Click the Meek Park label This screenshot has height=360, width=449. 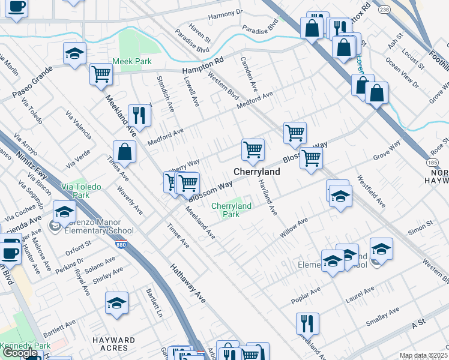coord(132,61)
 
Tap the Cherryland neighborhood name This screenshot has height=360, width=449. coord(256,172)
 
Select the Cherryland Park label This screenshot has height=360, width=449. coord(231,210)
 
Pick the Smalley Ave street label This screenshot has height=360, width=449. coord(382,317)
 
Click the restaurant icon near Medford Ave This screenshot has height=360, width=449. coord(139,116)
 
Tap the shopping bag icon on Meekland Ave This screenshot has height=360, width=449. coord(124,152)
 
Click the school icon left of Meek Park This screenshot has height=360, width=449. coord(74,54)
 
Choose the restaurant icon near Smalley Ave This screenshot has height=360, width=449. coord(307,323)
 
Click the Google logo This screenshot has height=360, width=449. coord(20,353)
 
